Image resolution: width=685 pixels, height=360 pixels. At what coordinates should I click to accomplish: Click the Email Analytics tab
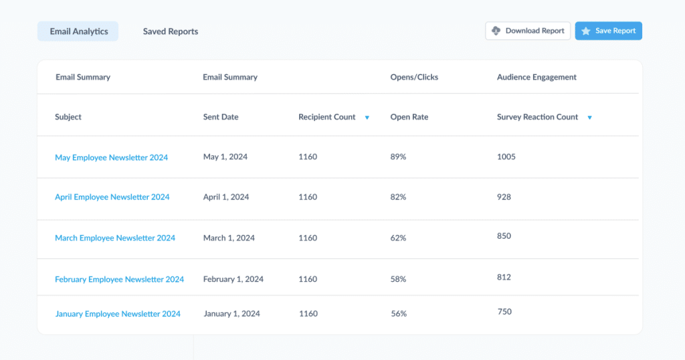coord(78,31)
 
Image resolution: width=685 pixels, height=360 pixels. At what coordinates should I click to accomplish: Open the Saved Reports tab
coord(171,31)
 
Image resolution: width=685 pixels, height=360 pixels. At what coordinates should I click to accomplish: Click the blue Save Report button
coord(609,31)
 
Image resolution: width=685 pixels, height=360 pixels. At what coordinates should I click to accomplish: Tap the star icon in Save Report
coord(586,31)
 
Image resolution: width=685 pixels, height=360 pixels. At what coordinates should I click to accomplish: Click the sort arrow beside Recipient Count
coord(367,118)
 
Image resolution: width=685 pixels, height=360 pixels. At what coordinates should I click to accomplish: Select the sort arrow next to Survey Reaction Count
coord(589,118)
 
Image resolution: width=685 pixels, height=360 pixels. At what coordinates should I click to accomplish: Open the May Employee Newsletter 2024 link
coord(111,158)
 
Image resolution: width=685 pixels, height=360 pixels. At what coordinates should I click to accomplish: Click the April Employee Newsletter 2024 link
coord(112,197)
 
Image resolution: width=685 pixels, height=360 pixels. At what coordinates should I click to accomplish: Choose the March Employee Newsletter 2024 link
coord(115,238)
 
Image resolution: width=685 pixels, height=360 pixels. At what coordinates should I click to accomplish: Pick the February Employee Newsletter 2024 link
coord(119,280)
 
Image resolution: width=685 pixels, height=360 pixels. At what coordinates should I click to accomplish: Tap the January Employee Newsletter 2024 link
coord(118,314)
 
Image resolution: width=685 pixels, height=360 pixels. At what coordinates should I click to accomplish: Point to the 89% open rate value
coord(398,157)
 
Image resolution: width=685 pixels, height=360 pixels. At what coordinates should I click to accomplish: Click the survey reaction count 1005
coord(506,157)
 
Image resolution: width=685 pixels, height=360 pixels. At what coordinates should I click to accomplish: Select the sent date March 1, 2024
coord(229,238)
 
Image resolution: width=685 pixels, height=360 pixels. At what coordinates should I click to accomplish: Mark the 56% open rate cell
coord(398,314)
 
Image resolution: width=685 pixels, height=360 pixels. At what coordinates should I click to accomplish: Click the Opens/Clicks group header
coord(414,78)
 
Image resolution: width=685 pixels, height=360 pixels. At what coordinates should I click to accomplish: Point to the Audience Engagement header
coord(536,78)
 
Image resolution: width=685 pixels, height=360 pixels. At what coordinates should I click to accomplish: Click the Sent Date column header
coord(221,117)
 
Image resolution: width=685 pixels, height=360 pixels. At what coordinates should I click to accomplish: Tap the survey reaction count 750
coord(505,312)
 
